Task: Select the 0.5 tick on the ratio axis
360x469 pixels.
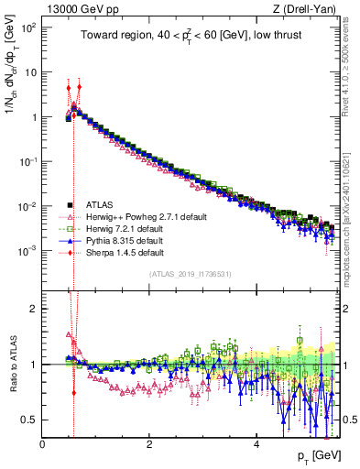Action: point(29,420)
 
